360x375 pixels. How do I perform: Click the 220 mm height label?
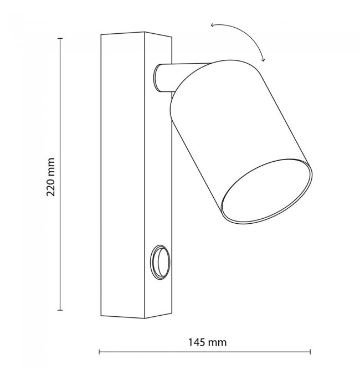pos(50,177)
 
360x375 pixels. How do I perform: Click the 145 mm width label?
pos(207,342)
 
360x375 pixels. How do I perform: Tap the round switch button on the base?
pos(160,262)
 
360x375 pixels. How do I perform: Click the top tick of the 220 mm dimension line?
pos(60,38)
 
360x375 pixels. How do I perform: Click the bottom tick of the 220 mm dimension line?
pos(60,310)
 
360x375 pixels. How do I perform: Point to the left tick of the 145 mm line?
pos(99,352)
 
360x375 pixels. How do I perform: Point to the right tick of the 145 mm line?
pos(310,352)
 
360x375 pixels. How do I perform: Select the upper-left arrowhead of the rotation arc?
pos(212,25)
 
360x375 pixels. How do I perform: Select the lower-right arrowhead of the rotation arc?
pos(263,60)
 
